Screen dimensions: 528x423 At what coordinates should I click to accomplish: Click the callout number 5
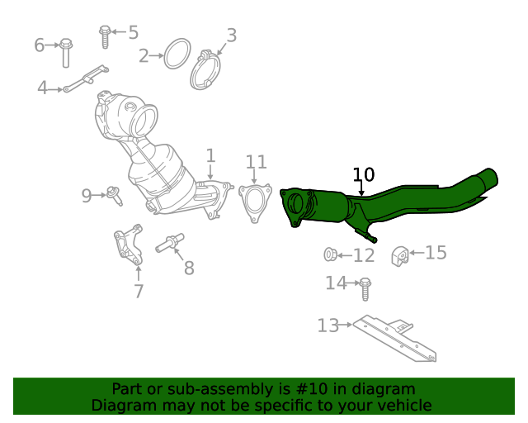pos(134,33)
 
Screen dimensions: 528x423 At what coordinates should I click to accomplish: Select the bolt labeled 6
pos(66,53)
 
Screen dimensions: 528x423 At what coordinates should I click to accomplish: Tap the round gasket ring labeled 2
pos(177,54)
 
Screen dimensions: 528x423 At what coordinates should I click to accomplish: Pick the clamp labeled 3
pos(205,70)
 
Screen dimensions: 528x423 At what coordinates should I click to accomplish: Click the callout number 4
pos(42,88)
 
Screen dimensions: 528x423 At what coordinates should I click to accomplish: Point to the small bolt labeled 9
pos(114,196)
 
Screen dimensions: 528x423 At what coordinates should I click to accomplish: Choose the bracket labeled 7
pos(129,245)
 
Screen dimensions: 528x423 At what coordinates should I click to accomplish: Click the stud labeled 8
pos(170,243)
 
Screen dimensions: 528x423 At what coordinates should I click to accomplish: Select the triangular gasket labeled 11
pos(255,203)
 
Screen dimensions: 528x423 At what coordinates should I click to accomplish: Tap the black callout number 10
pos(364,174)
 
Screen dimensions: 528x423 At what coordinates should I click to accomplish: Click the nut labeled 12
pos(330,254)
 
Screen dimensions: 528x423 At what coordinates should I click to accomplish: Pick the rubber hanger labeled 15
pos(400,256)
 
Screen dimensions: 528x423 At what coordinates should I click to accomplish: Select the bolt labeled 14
pos(365,289)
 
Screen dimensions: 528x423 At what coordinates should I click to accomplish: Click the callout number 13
pos(328,326)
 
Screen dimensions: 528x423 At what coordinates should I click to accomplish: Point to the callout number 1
pos(210,156)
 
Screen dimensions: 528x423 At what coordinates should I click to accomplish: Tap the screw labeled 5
pos(105,37)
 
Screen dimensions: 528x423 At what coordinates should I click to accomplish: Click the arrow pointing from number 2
pos(156,55)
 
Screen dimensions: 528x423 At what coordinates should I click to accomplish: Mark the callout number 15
pos(436,252)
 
